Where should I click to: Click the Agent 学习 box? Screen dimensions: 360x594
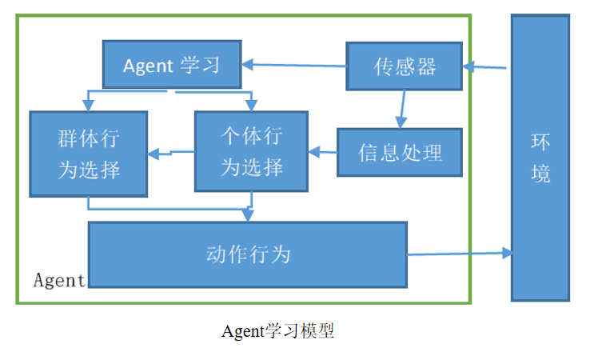point(172,65)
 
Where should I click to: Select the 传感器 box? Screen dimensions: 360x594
point(405,66)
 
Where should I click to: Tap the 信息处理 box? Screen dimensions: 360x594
point(400,152)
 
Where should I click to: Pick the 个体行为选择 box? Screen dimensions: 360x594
point(252,152)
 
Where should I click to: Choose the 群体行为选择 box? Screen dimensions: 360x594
point(88,154)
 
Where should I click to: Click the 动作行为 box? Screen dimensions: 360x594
point(247,255)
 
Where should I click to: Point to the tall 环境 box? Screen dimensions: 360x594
point(540,158)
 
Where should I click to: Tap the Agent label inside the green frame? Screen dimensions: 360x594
point(59,280)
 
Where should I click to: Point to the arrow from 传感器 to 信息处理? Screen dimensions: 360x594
point(401,108)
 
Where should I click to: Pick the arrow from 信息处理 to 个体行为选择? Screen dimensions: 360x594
point(322,150)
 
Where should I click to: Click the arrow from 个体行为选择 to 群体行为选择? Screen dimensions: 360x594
point(171,152)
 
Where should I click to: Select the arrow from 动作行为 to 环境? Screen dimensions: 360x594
point(460,254)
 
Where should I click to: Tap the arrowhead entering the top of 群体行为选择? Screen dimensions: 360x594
point(88,106)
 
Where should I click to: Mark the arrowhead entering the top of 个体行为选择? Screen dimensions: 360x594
point(252,106)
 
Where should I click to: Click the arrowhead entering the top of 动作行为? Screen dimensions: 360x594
point(248,215)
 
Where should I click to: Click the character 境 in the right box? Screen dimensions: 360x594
point(540,173)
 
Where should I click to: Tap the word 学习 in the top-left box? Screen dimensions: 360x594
point(200,65)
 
